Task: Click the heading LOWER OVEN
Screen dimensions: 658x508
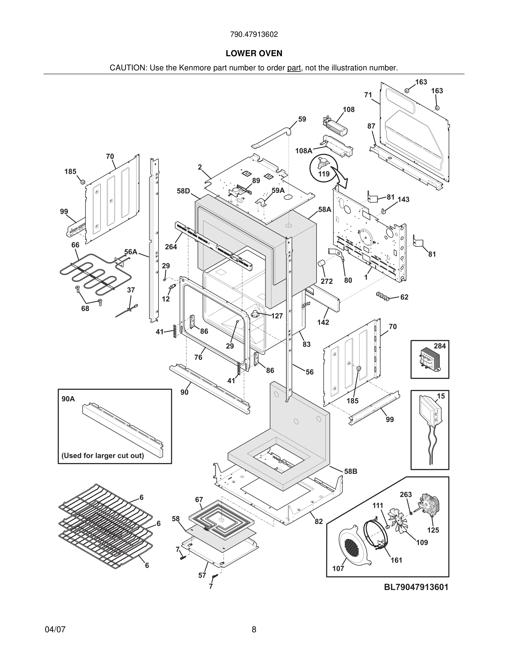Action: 254,53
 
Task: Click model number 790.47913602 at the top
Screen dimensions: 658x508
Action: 254,34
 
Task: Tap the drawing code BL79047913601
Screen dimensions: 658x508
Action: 416,587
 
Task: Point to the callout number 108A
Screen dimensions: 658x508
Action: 303,151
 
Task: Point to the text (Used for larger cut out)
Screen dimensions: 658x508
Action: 103,456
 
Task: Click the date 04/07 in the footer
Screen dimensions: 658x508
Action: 55,629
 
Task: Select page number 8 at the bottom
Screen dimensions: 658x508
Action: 254,629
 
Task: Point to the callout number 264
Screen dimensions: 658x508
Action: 171,247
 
